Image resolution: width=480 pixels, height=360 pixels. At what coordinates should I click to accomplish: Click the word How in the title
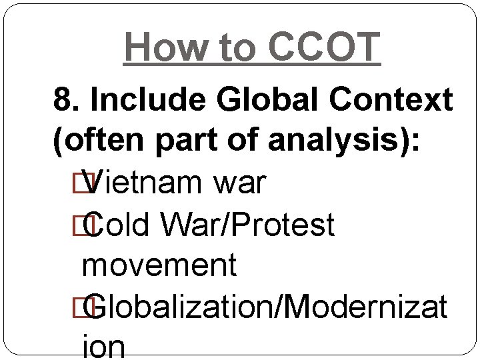pyautogui.click(x=159, y=47)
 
